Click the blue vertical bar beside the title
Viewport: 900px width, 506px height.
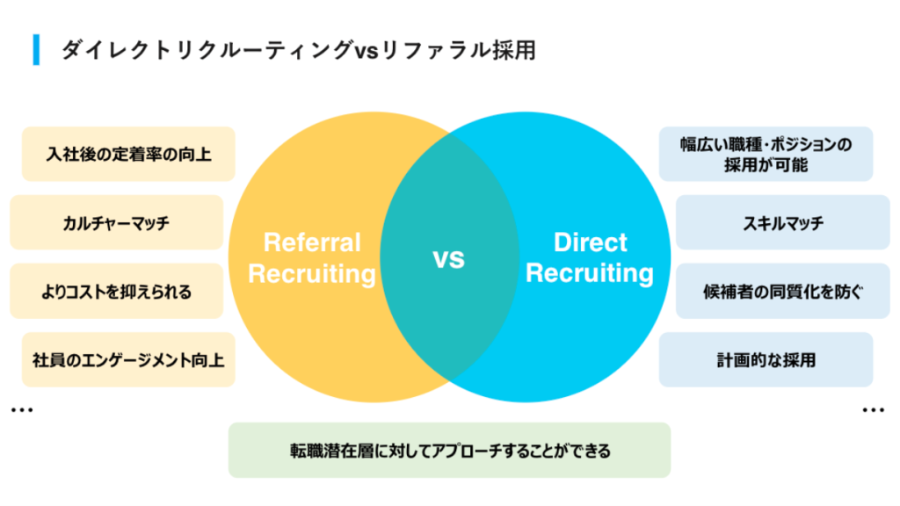[36, 50]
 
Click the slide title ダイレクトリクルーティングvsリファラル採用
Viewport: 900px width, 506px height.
[299, 50]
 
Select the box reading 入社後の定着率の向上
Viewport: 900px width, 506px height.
[128, 154]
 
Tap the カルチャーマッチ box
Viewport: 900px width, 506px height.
[117, 222]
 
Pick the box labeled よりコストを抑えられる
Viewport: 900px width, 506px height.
[117, 291]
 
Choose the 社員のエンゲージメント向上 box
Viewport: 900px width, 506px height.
[128, 359]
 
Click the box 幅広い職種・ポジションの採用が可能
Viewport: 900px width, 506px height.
[766, 154]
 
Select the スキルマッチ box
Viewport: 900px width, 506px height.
[783, 222]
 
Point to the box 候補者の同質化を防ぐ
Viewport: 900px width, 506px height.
[783, 291]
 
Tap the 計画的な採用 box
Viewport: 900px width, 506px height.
[766, 359]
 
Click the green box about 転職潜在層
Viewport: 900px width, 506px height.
[449, 451]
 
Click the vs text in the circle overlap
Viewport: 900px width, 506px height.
[449, 259]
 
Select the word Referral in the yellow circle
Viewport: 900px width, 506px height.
[312, 242]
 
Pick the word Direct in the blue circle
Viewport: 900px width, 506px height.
[590, 242]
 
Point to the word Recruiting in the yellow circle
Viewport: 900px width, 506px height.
[312, 274]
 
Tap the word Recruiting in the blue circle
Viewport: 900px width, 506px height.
[590, 273]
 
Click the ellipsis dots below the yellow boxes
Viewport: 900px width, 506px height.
[22, 409]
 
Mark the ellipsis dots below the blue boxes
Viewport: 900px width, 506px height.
[873, 409]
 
